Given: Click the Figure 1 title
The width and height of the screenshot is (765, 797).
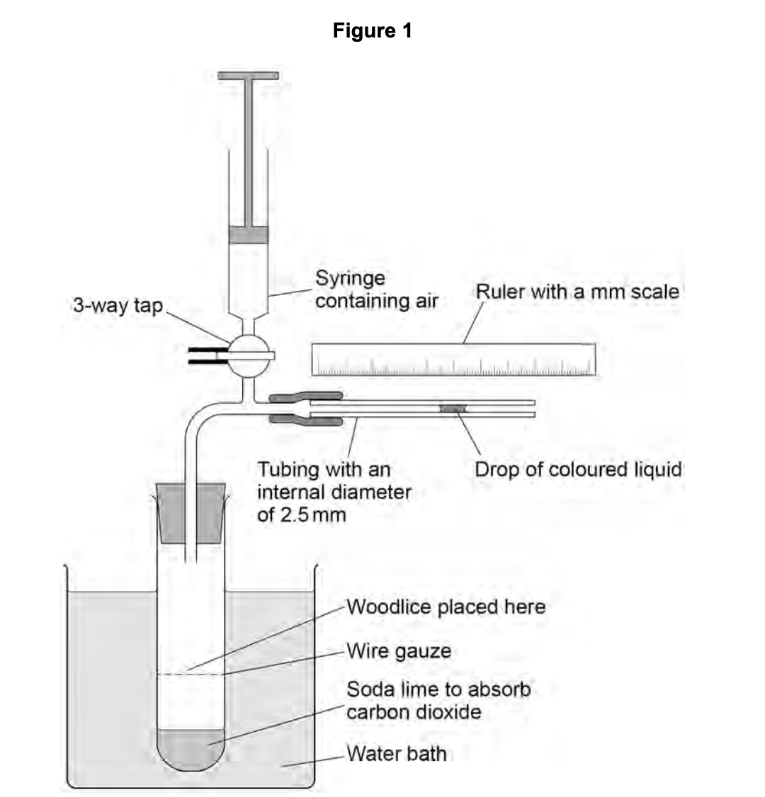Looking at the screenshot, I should coord(372,31).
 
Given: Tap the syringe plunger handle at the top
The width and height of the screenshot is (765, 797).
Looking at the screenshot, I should coord(247,76).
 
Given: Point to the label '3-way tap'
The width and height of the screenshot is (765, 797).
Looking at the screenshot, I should coord(118,306).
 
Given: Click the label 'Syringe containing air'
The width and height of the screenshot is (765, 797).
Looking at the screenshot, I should coord(376,289).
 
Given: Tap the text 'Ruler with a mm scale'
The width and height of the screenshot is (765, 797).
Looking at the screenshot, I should coord(577,292).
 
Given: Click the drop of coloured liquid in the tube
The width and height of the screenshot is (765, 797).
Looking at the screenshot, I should coord(453,408).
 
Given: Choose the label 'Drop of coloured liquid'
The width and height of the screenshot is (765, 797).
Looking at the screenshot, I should coord(577,469).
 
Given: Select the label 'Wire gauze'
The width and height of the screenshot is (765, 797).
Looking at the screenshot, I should coord(399,650).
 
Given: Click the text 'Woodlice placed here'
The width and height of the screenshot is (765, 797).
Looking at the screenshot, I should coord(446,607).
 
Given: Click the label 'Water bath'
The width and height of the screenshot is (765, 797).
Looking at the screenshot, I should coord(396,753).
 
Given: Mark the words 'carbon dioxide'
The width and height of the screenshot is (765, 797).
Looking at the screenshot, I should coord(413,711).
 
